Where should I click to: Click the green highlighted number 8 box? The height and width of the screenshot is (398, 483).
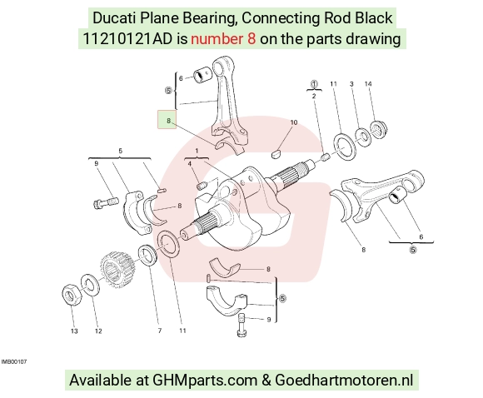pyautogui.click(x=167, y=119)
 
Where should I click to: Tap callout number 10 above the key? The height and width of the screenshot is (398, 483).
pyautogui.click(x=294, y=122)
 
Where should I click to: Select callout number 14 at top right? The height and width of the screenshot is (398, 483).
pyautogui.click(x=368, y=84)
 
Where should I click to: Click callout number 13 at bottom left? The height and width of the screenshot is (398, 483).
pyautogui.click(x=74, y=331)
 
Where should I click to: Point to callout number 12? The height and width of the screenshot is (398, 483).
pyautogui.click(x=98, y=331)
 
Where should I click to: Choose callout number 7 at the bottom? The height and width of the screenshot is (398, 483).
pyautogui.click(x=160, y=331)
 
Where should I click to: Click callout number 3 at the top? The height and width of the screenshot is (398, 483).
pyautogui.click(x=351, y=84)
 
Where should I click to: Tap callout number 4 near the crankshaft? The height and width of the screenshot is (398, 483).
pyautogui.click(x=190, y=164)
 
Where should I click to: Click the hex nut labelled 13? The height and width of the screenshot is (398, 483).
pyautogui.click(x=72, y=295)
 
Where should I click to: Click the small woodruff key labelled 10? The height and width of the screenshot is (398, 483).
pyautogui.click(x=276, y=154)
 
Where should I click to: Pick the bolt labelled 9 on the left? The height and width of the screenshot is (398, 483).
pyautogui.click(x=106, y=202)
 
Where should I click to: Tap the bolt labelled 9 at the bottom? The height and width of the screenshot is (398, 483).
pyautogui.click(x=242, y=326)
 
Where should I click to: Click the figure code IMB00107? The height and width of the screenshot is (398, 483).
pyautogui.click(x=14, y=361)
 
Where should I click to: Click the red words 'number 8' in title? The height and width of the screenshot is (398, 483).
pyautogui.click(x=223, y=39)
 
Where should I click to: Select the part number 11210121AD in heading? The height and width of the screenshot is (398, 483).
pyautogui.click(x=128, y=39)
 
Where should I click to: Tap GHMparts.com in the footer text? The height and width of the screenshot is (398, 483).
pyautogui.click(x=205, y=381)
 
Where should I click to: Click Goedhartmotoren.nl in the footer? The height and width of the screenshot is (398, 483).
pyautogui.click(x=344, y=381)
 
